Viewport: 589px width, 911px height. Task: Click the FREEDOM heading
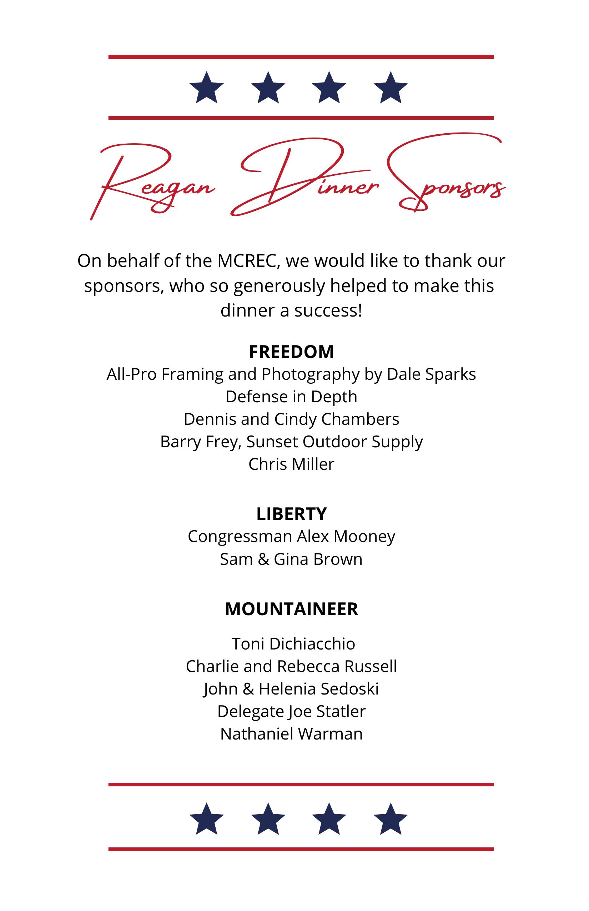(291, 352)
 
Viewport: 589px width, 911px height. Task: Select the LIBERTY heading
(291, 514)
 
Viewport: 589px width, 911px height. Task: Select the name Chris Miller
(291, 464)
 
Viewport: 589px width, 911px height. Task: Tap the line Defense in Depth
(291, 397)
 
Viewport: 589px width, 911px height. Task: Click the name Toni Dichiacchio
(293, 644)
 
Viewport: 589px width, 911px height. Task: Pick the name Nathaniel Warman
(291, 734)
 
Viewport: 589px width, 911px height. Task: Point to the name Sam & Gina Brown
(291, 559)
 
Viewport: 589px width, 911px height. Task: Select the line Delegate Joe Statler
(291, 712)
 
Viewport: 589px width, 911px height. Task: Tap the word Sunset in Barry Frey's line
(272, 442)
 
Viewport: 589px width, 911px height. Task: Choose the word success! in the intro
(328, 310)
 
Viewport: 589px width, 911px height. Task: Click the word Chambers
(360, 419)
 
